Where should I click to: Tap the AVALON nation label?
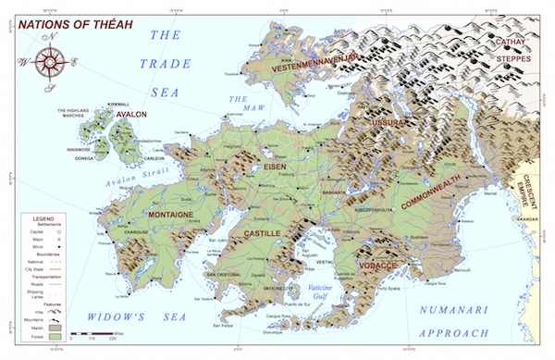point(130,115)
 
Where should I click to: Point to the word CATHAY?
point(512,41)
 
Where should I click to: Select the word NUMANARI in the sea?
point(449,310)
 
